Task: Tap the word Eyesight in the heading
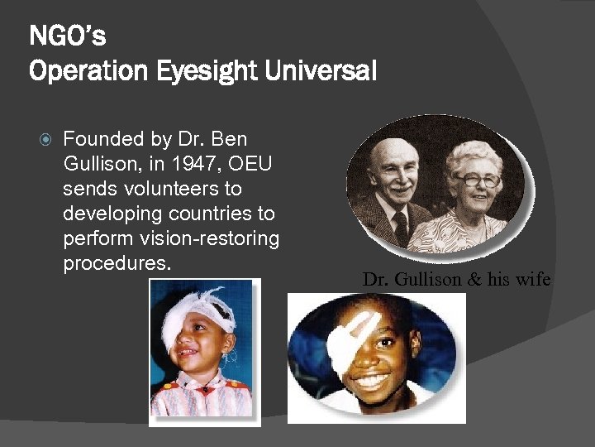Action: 207,71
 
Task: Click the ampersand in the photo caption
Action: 474,279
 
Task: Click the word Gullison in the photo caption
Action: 428,279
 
